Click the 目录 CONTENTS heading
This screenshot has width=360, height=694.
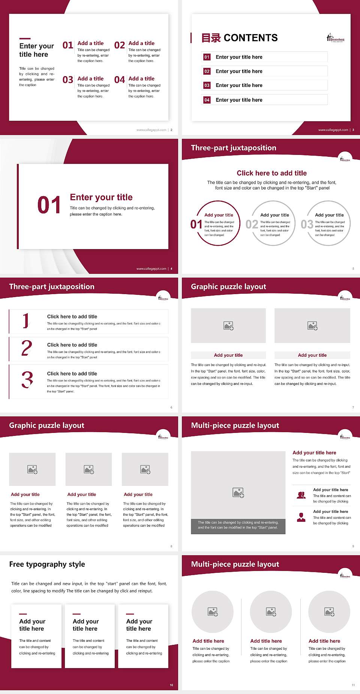240,38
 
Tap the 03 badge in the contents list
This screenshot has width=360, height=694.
207,86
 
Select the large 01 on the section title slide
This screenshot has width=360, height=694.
49,205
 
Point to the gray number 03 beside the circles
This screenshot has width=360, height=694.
307,224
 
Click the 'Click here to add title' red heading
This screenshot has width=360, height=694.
271,173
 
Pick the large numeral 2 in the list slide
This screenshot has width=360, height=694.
27,348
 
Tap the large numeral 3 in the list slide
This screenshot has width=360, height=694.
27,380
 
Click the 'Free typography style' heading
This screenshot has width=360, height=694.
47,564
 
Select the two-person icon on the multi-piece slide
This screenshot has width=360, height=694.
301,495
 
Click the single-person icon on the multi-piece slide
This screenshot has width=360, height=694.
301,517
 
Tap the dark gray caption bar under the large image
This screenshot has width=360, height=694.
238,525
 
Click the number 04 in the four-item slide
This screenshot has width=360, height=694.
120,80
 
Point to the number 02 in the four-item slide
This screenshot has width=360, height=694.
120,45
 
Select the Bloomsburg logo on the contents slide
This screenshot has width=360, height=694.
335,38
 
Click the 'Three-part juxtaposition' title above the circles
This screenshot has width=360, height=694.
233,148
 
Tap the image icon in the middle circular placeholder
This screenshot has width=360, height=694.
271,612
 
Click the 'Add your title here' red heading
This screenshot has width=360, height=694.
314,453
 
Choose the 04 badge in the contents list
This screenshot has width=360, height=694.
207,100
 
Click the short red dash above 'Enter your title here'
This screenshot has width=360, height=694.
25,38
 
